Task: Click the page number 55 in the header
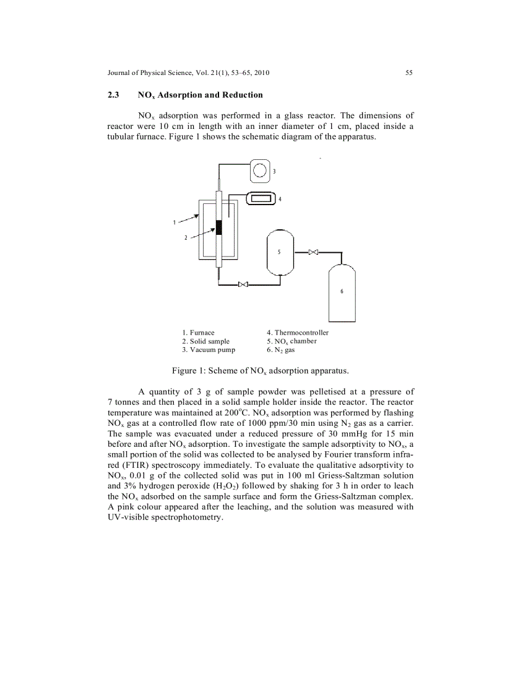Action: click(409, 73)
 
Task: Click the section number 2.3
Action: click(114, 95)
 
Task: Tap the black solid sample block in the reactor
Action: click(218, 227)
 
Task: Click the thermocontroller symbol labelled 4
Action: click(260, 199)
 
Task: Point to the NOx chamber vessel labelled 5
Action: click(280, 252)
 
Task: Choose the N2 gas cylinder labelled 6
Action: click(342, 291)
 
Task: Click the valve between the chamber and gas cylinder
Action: click(313, 252)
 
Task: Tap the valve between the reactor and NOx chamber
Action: click(243, 284)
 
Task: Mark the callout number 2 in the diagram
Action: click(186, 237)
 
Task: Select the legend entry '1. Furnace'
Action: click(198, 333)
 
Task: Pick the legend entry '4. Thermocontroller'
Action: click(293, 333)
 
